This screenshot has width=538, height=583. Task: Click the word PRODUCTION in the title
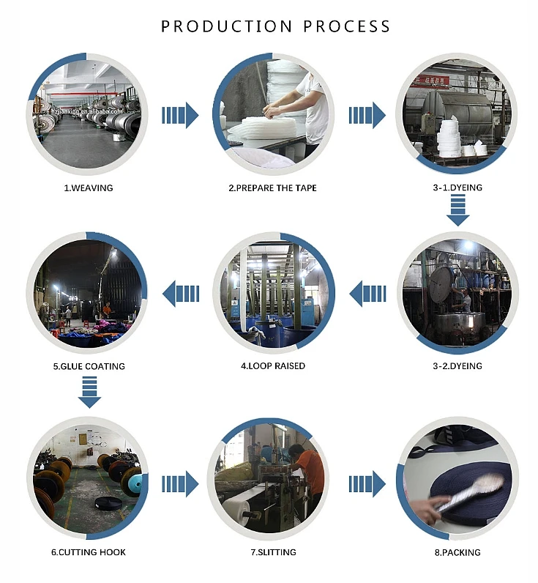coord(217,26)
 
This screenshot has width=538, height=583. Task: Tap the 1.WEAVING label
coord(89,188)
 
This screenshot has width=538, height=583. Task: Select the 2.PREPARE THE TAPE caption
coord(272,188)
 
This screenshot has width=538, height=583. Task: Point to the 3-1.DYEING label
coord(457,188)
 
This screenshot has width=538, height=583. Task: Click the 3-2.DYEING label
coord(457,366)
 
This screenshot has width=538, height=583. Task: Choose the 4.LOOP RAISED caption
coord(273,366)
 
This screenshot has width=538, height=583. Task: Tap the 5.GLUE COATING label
coord(89,366)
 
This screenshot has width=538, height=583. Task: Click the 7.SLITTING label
coord(272,552)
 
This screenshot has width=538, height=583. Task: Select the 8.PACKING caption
coord(457,552)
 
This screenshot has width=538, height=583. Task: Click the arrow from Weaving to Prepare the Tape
coord(180,115)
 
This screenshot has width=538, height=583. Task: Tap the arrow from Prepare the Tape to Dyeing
coord(367,115)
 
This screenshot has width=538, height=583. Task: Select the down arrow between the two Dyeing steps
coord(457,212)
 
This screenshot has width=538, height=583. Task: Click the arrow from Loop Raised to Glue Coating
coord(180,294)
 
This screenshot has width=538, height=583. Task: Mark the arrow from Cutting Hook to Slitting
coord(180,483)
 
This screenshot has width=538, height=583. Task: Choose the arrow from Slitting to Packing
coord(367,483)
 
